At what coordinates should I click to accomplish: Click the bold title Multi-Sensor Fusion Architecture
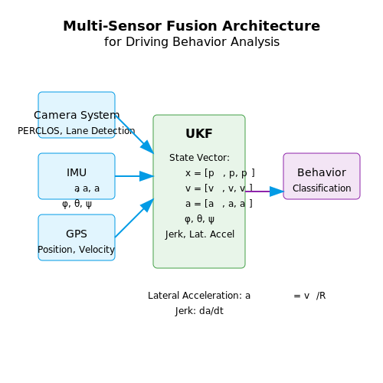tap(191, 26)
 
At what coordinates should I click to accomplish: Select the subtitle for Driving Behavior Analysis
tap(191, 41)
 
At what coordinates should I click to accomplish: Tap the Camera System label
tap(77, 115)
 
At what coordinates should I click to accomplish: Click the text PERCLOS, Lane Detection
tap(77, 131)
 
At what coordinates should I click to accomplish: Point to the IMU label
tap(77, 172)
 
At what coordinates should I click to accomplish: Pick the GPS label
tap(77, 234)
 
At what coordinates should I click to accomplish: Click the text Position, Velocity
tap(77, 250)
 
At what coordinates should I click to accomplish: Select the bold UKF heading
tap(199, 133)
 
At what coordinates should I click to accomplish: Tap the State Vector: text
tap(199, 158)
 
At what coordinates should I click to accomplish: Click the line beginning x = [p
tap(220, 173)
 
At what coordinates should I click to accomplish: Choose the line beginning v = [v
tap(219, 188)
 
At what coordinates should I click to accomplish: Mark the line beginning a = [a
tap(219, 204)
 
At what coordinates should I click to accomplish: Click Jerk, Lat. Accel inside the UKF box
tap(200, 234)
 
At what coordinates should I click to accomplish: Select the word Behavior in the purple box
tap(322, 172)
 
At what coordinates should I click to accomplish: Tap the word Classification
tap(322, 188)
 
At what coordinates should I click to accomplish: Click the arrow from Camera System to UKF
tap(134, 134)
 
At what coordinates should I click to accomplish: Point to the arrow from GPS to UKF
tap(134, 218)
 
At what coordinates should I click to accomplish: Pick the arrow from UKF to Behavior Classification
tap(264, 191)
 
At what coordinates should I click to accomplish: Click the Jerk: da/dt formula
tap(199, 311)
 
